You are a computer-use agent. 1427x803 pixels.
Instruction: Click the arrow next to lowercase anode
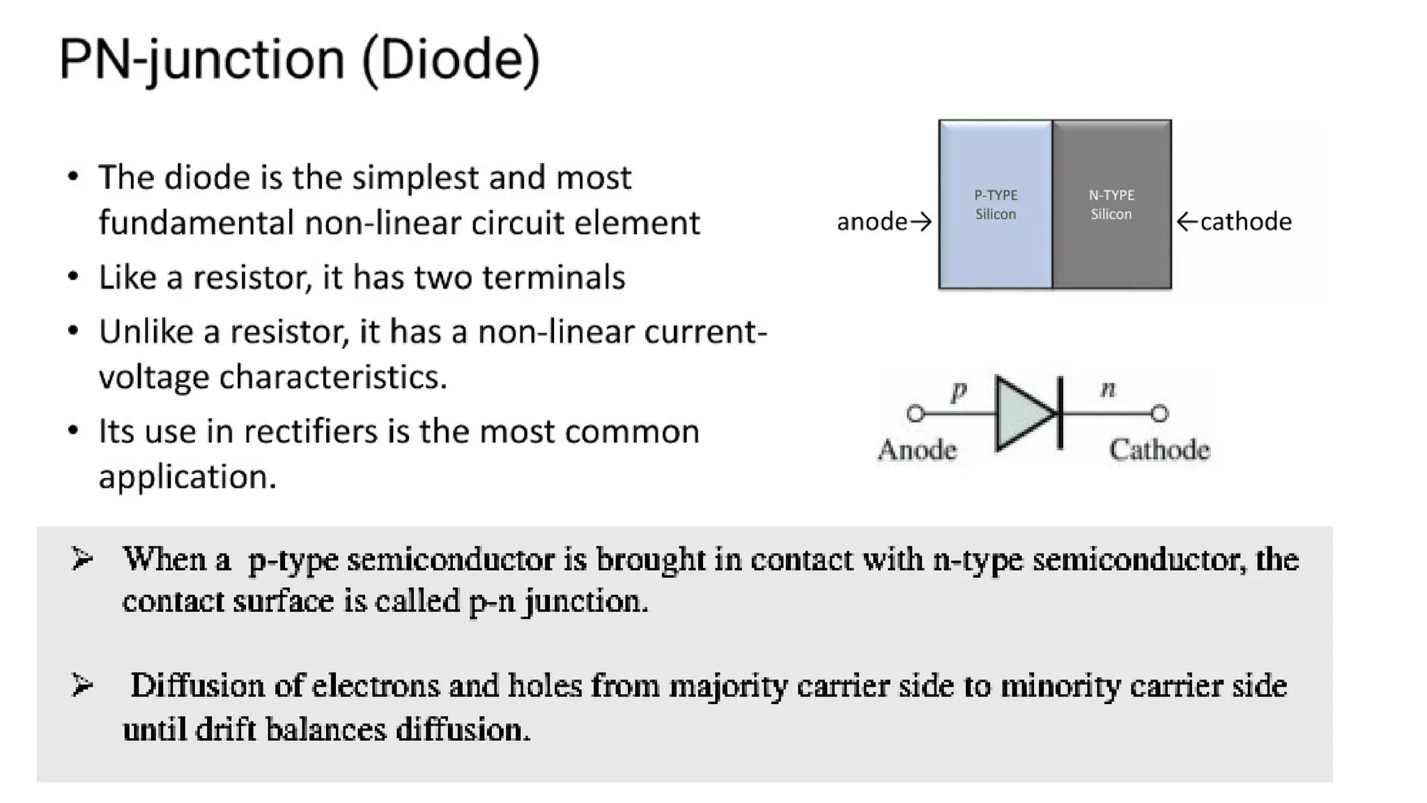click(x=921, y=222)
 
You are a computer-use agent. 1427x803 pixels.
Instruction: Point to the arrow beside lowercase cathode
click(x=1187, y=222)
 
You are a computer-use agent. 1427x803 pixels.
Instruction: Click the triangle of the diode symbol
click(x=1023, y=413)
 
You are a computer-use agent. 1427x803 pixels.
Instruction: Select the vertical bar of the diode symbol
click(x=1060, y=413)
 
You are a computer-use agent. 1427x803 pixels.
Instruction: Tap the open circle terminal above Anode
click(x=916, y=413)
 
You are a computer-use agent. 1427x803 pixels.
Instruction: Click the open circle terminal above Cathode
click(x=1159, y=413)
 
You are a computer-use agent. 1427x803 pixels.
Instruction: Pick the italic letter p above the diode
click(x=959, y=390)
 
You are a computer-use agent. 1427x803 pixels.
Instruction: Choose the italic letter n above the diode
click(x=1108, y=389)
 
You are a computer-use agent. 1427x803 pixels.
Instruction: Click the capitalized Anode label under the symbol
click(x=917, y=450)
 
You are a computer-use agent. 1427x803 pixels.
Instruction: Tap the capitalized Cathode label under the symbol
click(x=1159, y=450)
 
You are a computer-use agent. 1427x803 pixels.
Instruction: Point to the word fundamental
click(x=195, y=223)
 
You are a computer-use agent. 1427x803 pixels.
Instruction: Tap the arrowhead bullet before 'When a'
click(x=82, y=559)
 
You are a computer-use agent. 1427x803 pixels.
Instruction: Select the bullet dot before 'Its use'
click(x=73, y=430)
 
